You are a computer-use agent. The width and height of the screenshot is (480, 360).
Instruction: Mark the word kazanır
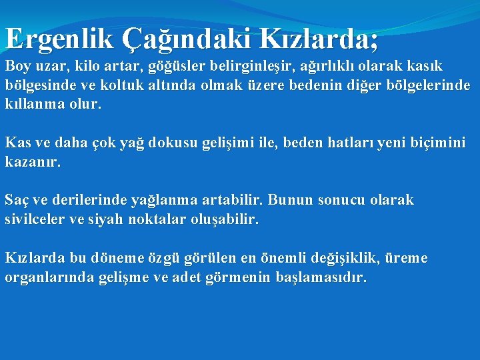click(x=33, y=162)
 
